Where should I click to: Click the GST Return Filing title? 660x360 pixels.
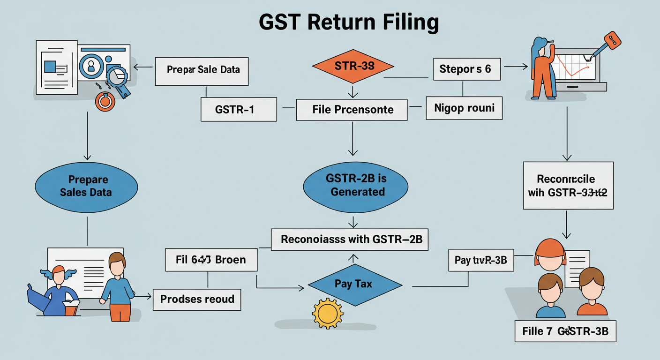click(x=349, y=23)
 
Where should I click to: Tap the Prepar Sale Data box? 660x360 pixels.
click(x=202, y=70)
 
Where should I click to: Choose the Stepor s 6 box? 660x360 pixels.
click(x=465, y=69)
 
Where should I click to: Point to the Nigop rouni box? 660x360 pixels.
click(x=464, y=108)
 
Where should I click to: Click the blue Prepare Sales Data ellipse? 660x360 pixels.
click(x=86, y=186)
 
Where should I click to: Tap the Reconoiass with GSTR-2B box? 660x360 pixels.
click(x=352, y=239)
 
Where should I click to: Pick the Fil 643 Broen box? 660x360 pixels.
click(x=211, y=260)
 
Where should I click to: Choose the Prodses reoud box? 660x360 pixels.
click(x=197, y=299)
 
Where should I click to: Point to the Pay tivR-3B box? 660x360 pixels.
click(x=481, y=260)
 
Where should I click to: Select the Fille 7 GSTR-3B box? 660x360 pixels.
click(x=565, y=331)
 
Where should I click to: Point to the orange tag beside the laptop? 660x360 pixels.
click(x=612, y=40)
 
